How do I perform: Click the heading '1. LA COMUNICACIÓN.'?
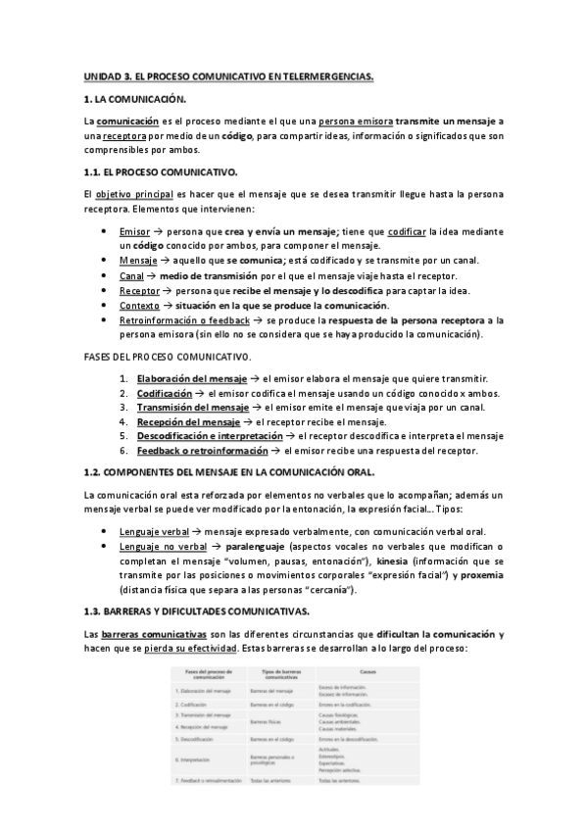(x=134, y=99)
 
